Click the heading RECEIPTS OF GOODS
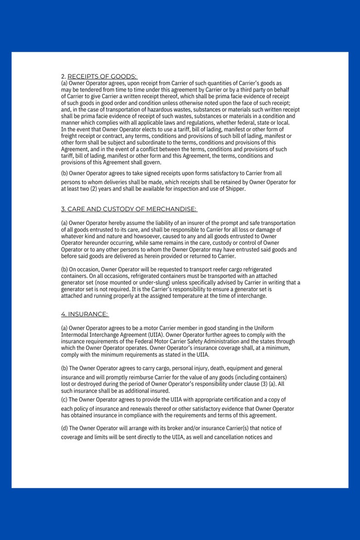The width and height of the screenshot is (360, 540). point(102,76)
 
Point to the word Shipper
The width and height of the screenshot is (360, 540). point(235,189)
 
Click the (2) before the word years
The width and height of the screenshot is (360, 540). point(97,189)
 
